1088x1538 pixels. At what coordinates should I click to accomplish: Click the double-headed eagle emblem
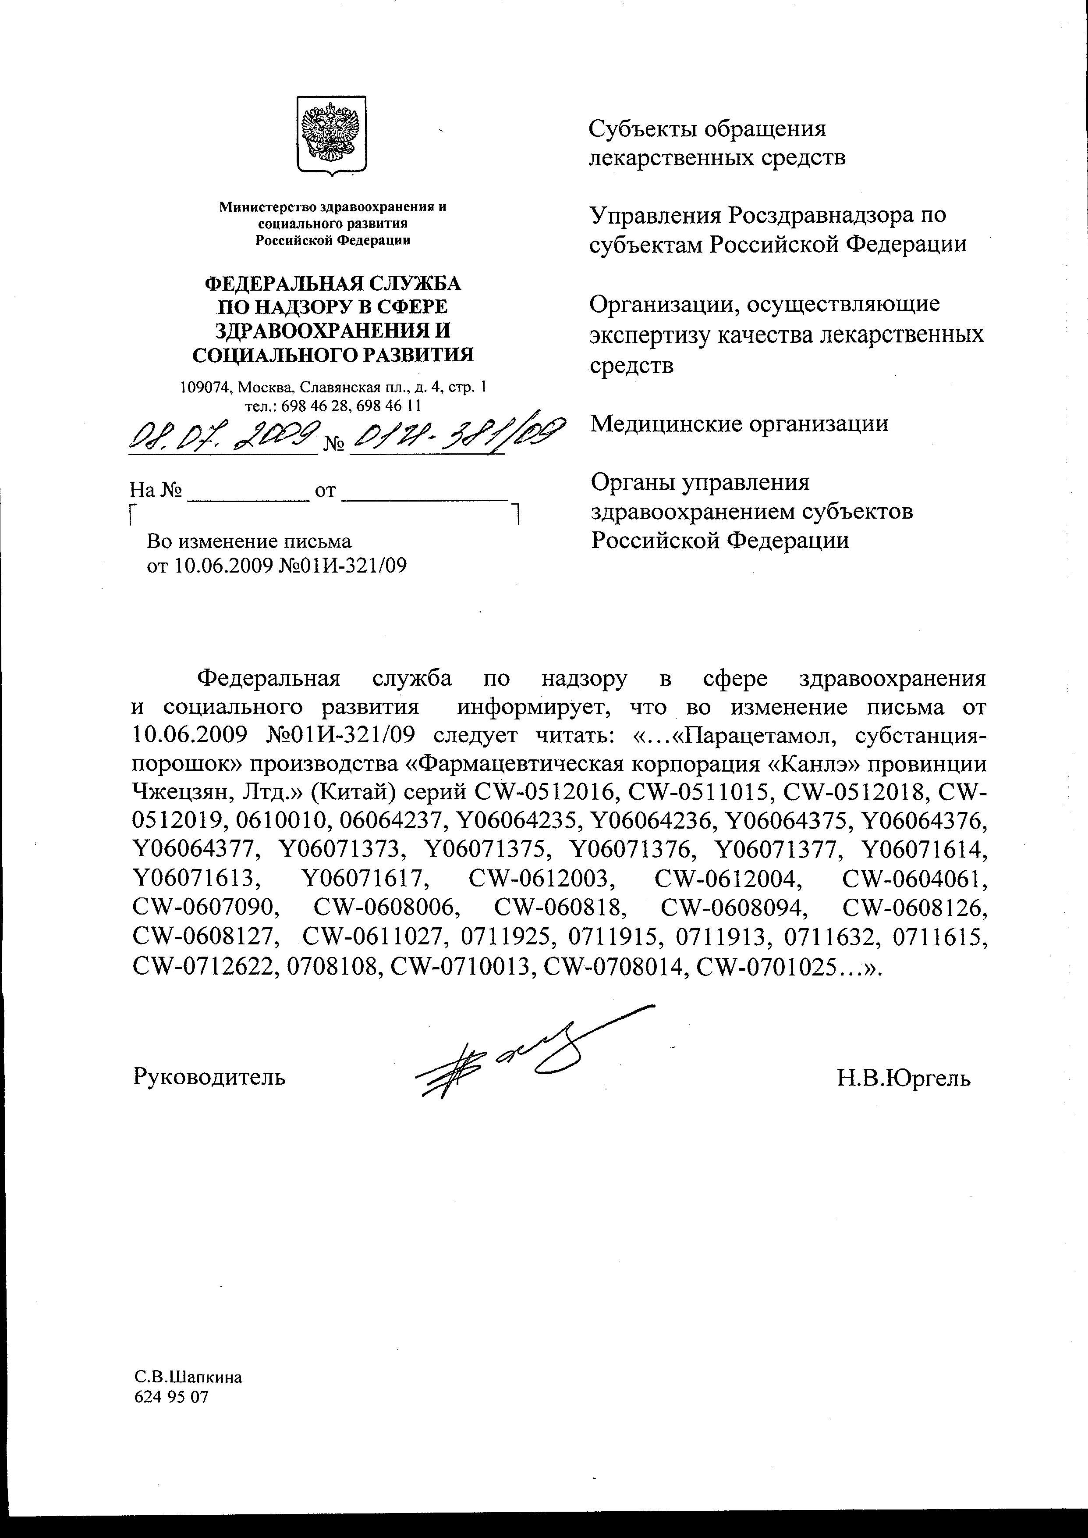pyautogui.click(x=331, y=135)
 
